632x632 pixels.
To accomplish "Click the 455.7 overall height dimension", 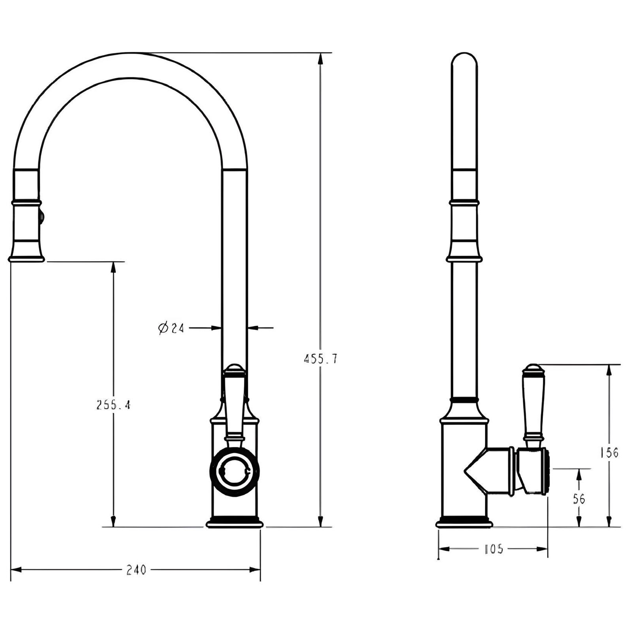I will [321, 359].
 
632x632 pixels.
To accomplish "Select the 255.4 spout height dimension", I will [113, 405].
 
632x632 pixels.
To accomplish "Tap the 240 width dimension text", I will [136, 570].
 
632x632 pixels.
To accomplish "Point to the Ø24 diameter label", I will [171, 328].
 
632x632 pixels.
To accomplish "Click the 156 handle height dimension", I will [609, 452].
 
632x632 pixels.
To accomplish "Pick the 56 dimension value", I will [579, 499].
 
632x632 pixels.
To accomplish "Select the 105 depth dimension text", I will [494, 549].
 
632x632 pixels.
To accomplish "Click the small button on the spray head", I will [42, 217].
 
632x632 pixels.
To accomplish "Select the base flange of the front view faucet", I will [235, 523].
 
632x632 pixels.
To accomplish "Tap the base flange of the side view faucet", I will [464, 522].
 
